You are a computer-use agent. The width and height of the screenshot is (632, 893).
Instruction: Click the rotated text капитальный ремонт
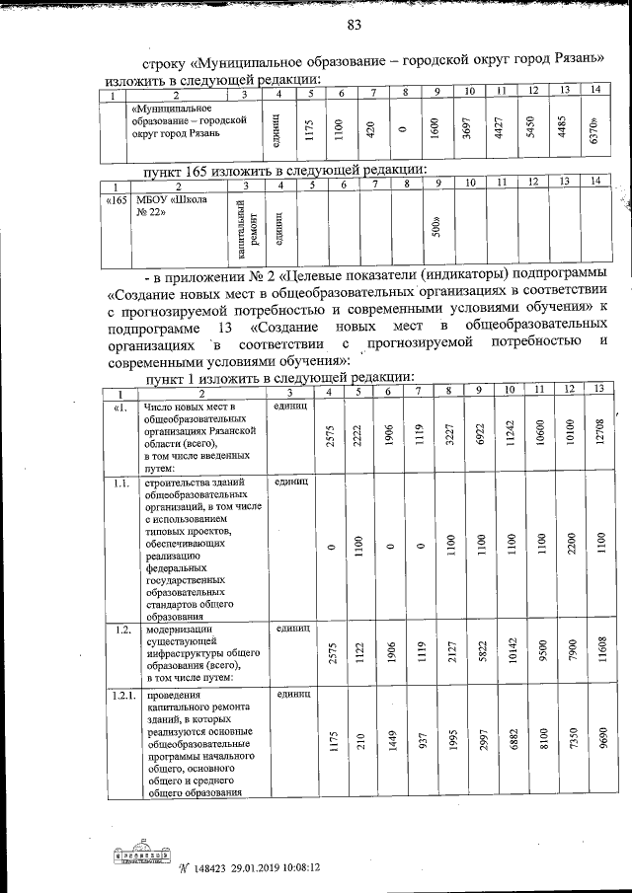coord(248,230)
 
